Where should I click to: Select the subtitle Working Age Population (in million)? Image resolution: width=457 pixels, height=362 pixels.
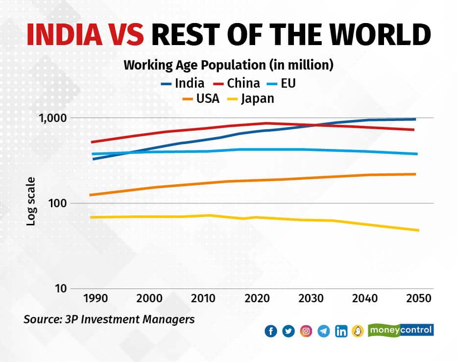pyautogui.click(x=228, y=65)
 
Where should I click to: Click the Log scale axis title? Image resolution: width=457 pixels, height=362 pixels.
pyautogui.click(x=31, y=203)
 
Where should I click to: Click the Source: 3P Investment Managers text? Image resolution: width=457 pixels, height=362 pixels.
pyautogui.click(x=109, y=319)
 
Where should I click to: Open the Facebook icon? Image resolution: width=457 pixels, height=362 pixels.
pyautogui.click(x=271, y=332)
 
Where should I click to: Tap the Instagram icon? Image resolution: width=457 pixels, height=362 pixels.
pyautogui.click(x=306, y=332)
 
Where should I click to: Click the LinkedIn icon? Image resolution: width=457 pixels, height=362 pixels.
pyautogui.click(x=341, y=332)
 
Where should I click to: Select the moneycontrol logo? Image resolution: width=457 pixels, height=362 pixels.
pyautogui.click(x=401, y=330)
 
